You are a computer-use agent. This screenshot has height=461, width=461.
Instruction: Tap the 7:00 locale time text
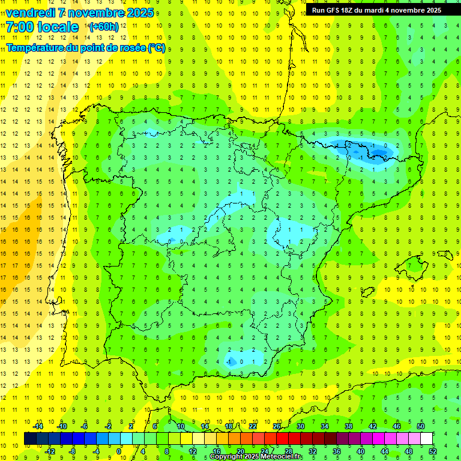(x=42, y=27)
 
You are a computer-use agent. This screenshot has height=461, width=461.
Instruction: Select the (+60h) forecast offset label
(x=104, y=27)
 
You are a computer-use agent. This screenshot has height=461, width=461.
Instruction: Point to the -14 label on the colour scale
(x=38, y=426)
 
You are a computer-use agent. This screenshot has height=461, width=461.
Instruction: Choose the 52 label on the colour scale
(x=433, y=451)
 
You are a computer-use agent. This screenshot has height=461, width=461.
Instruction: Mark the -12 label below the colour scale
(x=50, y=451)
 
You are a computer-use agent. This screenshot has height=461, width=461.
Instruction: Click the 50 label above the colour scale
(x=420, y=426)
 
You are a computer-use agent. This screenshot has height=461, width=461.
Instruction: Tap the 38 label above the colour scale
(x=348, y=426)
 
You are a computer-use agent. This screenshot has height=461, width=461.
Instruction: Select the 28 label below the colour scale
(x=288, y=451)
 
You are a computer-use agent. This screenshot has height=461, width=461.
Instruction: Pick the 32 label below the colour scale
(x=312, y=451)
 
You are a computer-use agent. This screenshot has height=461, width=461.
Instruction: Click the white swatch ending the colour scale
(x=426, y=438)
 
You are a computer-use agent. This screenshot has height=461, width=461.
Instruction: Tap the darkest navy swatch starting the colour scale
(x=30, y=438)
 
